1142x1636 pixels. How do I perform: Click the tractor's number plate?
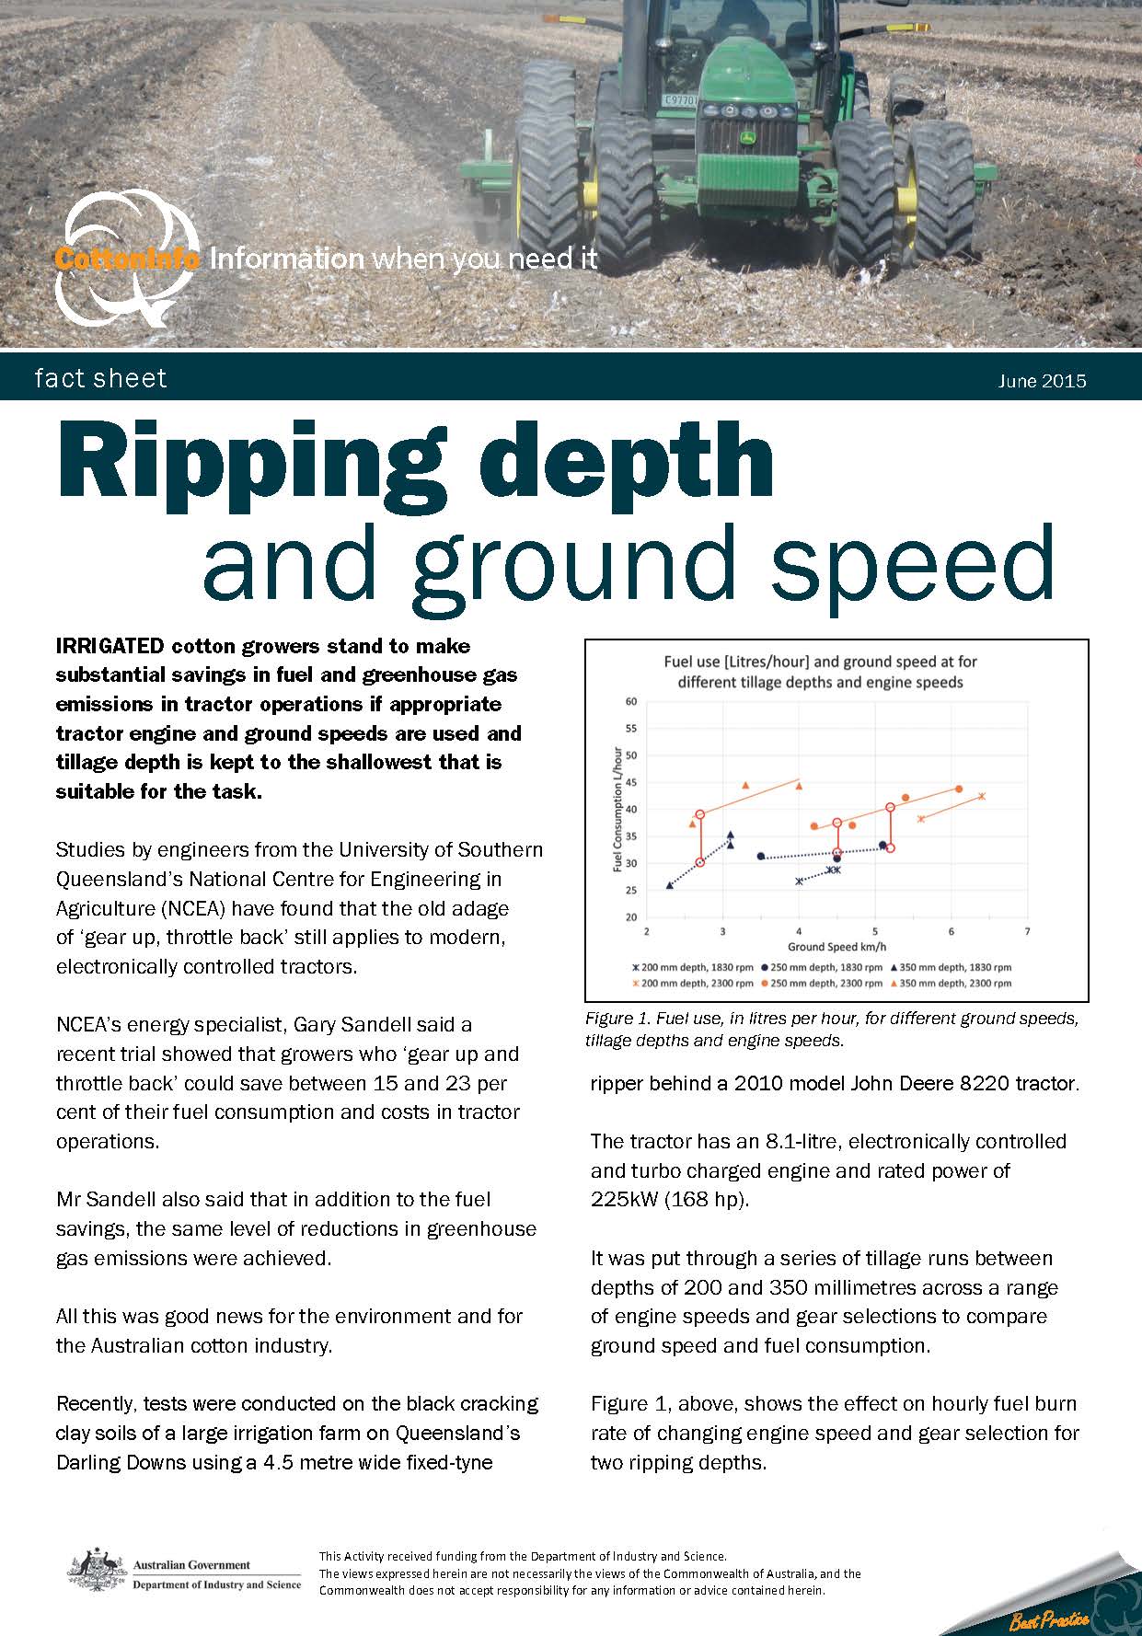click(681, 99)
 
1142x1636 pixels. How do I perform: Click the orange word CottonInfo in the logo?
click(127, 259)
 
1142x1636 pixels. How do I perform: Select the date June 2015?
click(1042, 381)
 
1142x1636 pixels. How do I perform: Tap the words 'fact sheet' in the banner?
click(100, 378)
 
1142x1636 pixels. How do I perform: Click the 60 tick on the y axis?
click(631, 701)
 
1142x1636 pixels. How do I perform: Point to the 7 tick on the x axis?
click(1027, 931)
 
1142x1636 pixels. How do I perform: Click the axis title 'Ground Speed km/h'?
click(836, 947)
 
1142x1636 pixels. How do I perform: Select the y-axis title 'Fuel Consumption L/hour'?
click(617, 810)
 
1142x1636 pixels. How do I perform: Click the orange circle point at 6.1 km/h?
click(958, 789)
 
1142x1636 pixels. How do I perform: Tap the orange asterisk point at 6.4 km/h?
click(982, 796)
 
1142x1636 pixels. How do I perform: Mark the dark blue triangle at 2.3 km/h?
click(669, 885)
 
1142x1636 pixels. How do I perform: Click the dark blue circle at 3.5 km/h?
click(760, 857)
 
